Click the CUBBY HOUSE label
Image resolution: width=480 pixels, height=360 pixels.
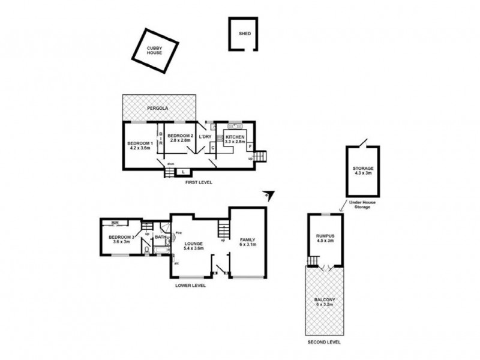pyautogui.click(x=155, y=50)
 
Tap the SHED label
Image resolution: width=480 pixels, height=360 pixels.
pyautogui.click(x=245, y=34)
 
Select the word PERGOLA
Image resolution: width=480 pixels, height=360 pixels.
pyautogui.click(x=157, y=108)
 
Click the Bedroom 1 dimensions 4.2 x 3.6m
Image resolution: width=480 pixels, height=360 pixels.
pyautogui.click(x=140, y=148)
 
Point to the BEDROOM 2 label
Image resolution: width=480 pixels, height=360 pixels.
pyautogui.click(x=180, y=136)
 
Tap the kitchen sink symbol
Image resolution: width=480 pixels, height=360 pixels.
pyautogui.click(x=233, y=127)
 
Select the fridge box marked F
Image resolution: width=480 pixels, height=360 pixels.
pyautogui.click(x=250, y=146)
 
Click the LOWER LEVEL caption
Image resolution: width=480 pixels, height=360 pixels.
pyautogui.click(x=190, y=286)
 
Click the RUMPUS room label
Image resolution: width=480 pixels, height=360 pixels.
pyautogui.click(x=325, y=236)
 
